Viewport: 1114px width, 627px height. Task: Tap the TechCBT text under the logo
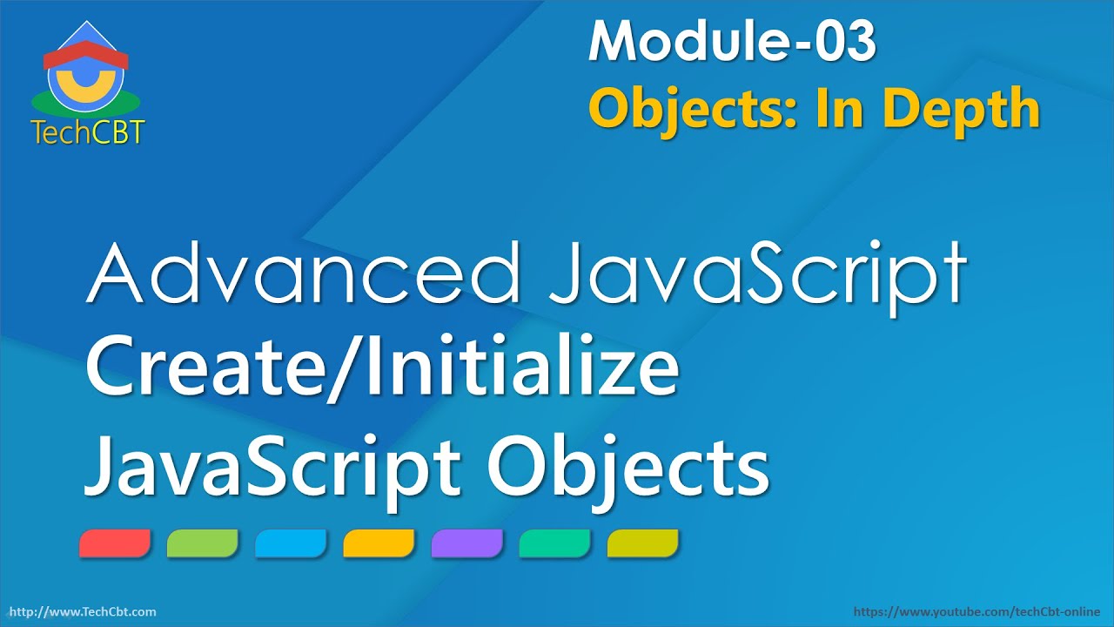pyautogui.click(x=87, y=131)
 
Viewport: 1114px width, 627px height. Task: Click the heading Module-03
pyautogui.click(x=731, y=42)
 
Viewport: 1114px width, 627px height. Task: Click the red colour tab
pyautogui.click(x=115, y=543)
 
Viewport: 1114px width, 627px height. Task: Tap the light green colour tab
pyautogui.click(x=203, y=543)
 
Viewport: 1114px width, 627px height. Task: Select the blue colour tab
pyautogui.click(x=291, y=543)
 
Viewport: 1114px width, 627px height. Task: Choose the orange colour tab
pyautogui.click(x=379, y=543)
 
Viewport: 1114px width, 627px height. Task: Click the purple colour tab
pyautogui.click(x=466, y=543)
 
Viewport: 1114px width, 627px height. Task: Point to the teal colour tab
pyautogui.click(x=554, y=543)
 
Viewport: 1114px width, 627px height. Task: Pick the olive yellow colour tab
pyautogui.click(x=642, y=543)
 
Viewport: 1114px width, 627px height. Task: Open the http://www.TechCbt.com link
pyautogui.click(x=82, y=612)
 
